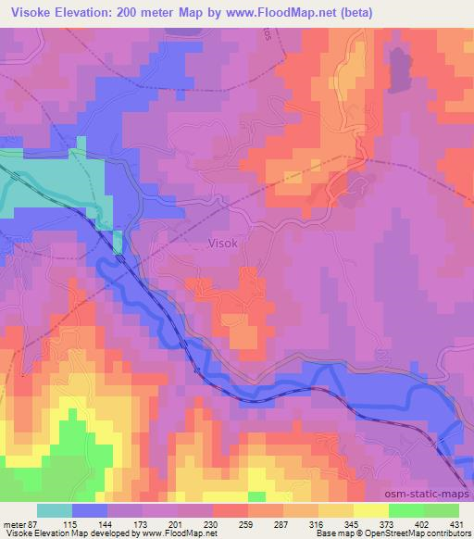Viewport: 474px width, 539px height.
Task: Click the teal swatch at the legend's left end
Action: pyautogui.click(x=54, y=510)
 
